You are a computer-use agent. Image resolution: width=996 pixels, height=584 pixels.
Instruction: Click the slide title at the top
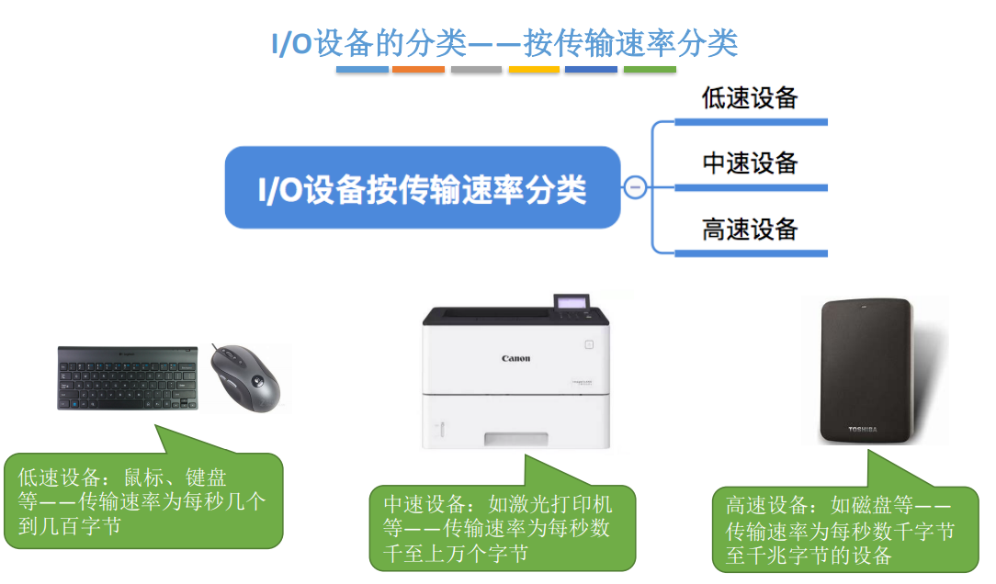pyautogui.click(x=504, y=43)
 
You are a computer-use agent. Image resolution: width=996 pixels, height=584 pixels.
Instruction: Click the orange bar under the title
pyautogui.click(x=418, y=70)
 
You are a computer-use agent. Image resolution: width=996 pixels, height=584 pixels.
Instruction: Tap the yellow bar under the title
pyautogui.click(x=534, y=70)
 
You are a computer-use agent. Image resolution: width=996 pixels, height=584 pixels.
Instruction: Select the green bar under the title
pyautogui.click(x=650, y=70)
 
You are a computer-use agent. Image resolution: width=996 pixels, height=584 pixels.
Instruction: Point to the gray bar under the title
pyautogui.click(x=476, y=70)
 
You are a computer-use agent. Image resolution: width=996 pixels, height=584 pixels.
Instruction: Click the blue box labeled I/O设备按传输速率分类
pyautogui.click(x=422, y=187)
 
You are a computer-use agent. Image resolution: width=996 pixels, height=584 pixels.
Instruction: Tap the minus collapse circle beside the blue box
pyautogui.click(x=635, y=187)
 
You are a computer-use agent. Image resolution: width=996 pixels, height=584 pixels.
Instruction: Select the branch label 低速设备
pyautogui.click(x=749, y=98)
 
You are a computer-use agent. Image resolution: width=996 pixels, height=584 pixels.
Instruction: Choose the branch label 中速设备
pyautogui.click(x=749, y=163)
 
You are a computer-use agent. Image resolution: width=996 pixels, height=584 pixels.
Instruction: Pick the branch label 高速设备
pyautogui.click(x=749, y=229)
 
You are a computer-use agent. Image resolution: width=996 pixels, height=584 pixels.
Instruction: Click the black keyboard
pyautogui.click(x=128, y=377)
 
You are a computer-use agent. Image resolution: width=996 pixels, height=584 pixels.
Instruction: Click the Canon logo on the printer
pyautogui.click(x=515, y=358)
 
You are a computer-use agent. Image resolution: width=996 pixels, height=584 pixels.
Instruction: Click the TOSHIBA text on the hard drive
pyautogui.click(x=863, y=429)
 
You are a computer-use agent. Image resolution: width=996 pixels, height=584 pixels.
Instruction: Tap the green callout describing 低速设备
pyautogui.click(x=142, y=501)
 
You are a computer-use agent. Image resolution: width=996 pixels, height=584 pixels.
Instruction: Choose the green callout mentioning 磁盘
pyautogui.click(x=843, y=530)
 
